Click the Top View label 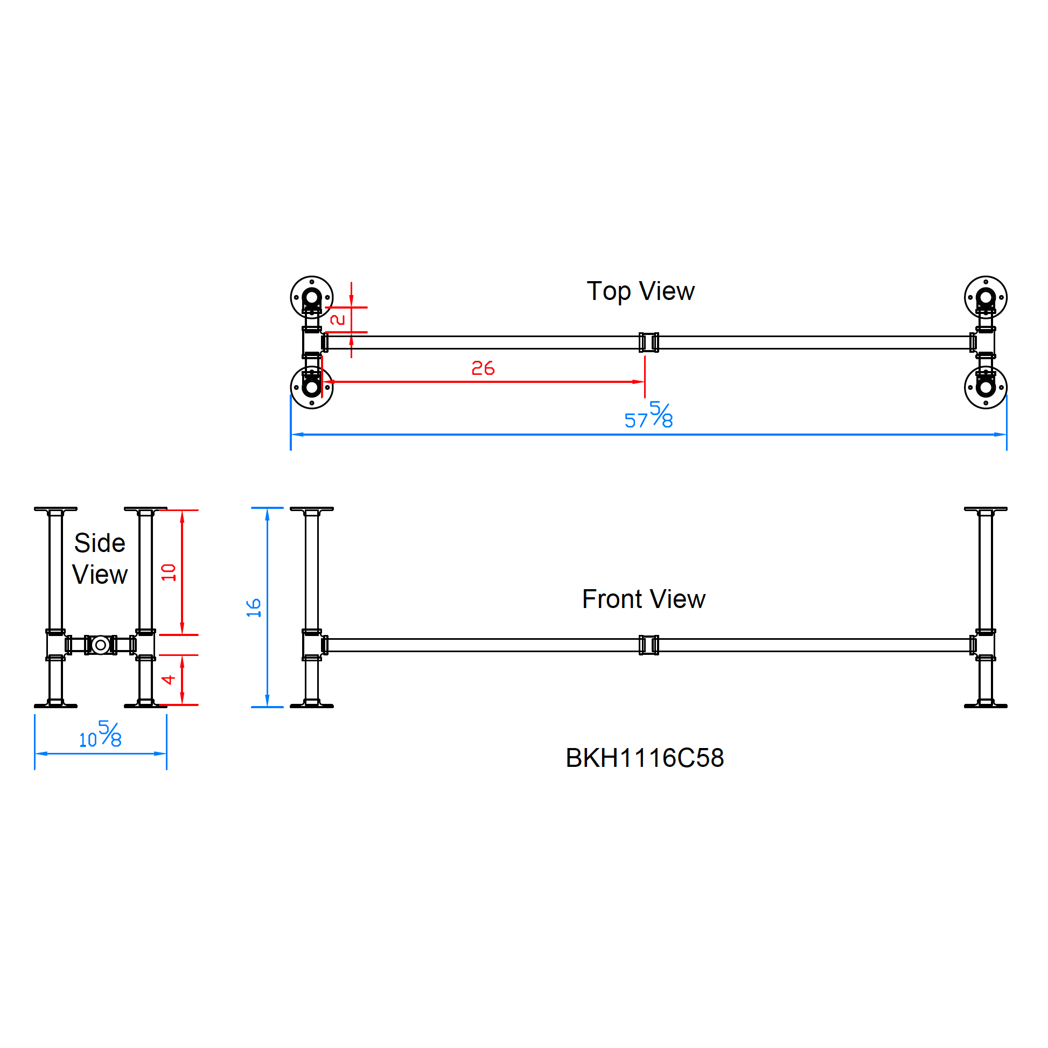(x=640, y=291)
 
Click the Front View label (x=644, y=599)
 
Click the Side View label (x=100, y=558)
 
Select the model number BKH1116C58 (x=645, y=758)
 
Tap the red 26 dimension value (x=483, y=369)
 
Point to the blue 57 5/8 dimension (x=649, y=417)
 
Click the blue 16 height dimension (x=254, y=608)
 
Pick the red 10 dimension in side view (x=169, y=572)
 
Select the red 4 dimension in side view (x=169, y=680)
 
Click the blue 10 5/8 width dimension (x=101, y=735)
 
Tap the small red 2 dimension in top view (x=338, y=320)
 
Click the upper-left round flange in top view (x=312, y=297)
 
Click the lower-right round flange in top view (x=986, y=387)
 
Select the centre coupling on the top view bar (x=649, y=343)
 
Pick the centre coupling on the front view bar (x=649, y=645)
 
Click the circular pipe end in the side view (x=100, y=645)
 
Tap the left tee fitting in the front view (x=312, y=645)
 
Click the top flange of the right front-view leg (x=986, y=509)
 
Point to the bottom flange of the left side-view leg (x=56, y=705)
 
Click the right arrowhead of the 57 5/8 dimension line (x=1001, y=435)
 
